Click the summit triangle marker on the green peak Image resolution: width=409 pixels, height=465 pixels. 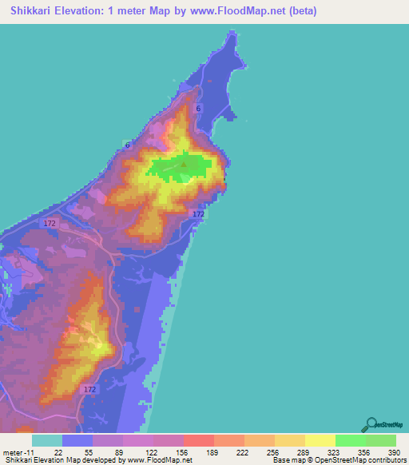coord(184,165)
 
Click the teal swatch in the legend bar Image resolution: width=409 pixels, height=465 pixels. coord(47,440)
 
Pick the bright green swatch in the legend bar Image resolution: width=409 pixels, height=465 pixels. coord(350,440)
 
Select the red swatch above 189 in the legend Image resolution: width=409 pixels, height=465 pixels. coord(198,440)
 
